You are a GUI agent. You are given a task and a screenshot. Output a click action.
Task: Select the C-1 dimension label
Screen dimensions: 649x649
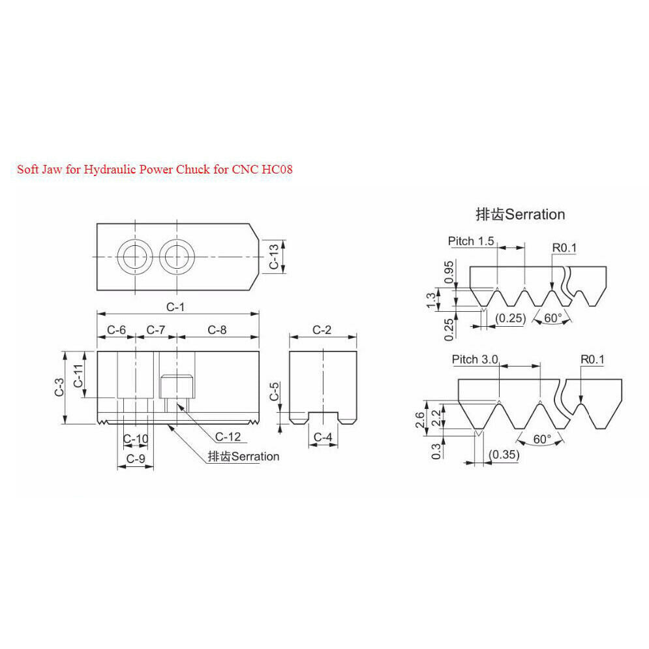175,307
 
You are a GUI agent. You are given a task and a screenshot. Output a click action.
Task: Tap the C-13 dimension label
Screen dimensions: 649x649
274,256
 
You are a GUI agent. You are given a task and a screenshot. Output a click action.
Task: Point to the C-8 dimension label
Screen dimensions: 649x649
217,330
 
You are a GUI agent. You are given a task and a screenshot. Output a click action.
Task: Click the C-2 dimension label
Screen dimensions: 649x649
322,330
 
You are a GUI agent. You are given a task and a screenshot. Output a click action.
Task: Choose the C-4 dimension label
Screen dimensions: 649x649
323,437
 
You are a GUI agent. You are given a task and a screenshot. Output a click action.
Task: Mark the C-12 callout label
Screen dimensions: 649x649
228,436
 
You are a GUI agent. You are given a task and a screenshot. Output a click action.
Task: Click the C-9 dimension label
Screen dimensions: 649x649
136,459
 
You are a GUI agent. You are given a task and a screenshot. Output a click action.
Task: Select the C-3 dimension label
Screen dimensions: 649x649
59,387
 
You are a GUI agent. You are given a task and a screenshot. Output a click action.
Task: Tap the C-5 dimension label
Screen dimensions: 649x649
275,391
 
